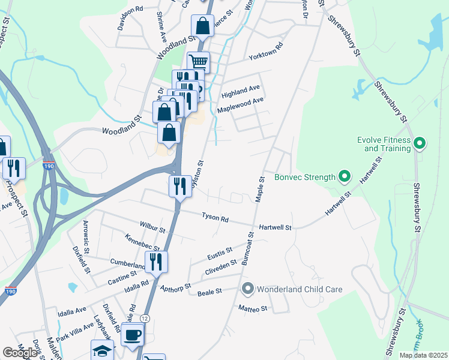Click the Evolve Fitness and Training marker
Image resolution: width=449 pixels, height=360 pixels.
[x=420, y=143]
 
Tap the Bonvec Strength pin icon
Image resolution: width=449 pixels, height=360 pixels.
[x=344, y=177]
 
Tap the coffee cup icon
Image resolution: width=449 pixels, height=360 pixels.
[x=132, y=335]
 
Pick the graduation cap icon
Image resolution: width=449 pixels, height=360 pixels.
[x=102, y=350]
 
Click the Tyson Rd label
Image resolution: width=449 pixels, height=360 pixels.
[x=215, y=218]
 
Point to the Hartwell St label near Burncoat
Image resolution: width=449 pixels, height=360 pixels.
[x=275, y=228]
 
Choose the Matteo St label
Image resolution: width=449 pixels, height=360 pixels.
[x=253, y=308]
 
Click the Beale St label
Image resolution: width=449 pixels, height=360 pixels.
[x=210, y=292]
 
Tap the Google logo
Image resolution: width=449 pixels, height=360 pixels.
[x=20, y=353]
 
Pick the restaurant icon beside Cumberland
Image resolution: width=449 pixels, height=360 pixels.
[x=156, y=262]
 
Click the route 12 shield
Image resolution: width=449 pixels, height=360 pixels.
[x=145, y=317]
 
